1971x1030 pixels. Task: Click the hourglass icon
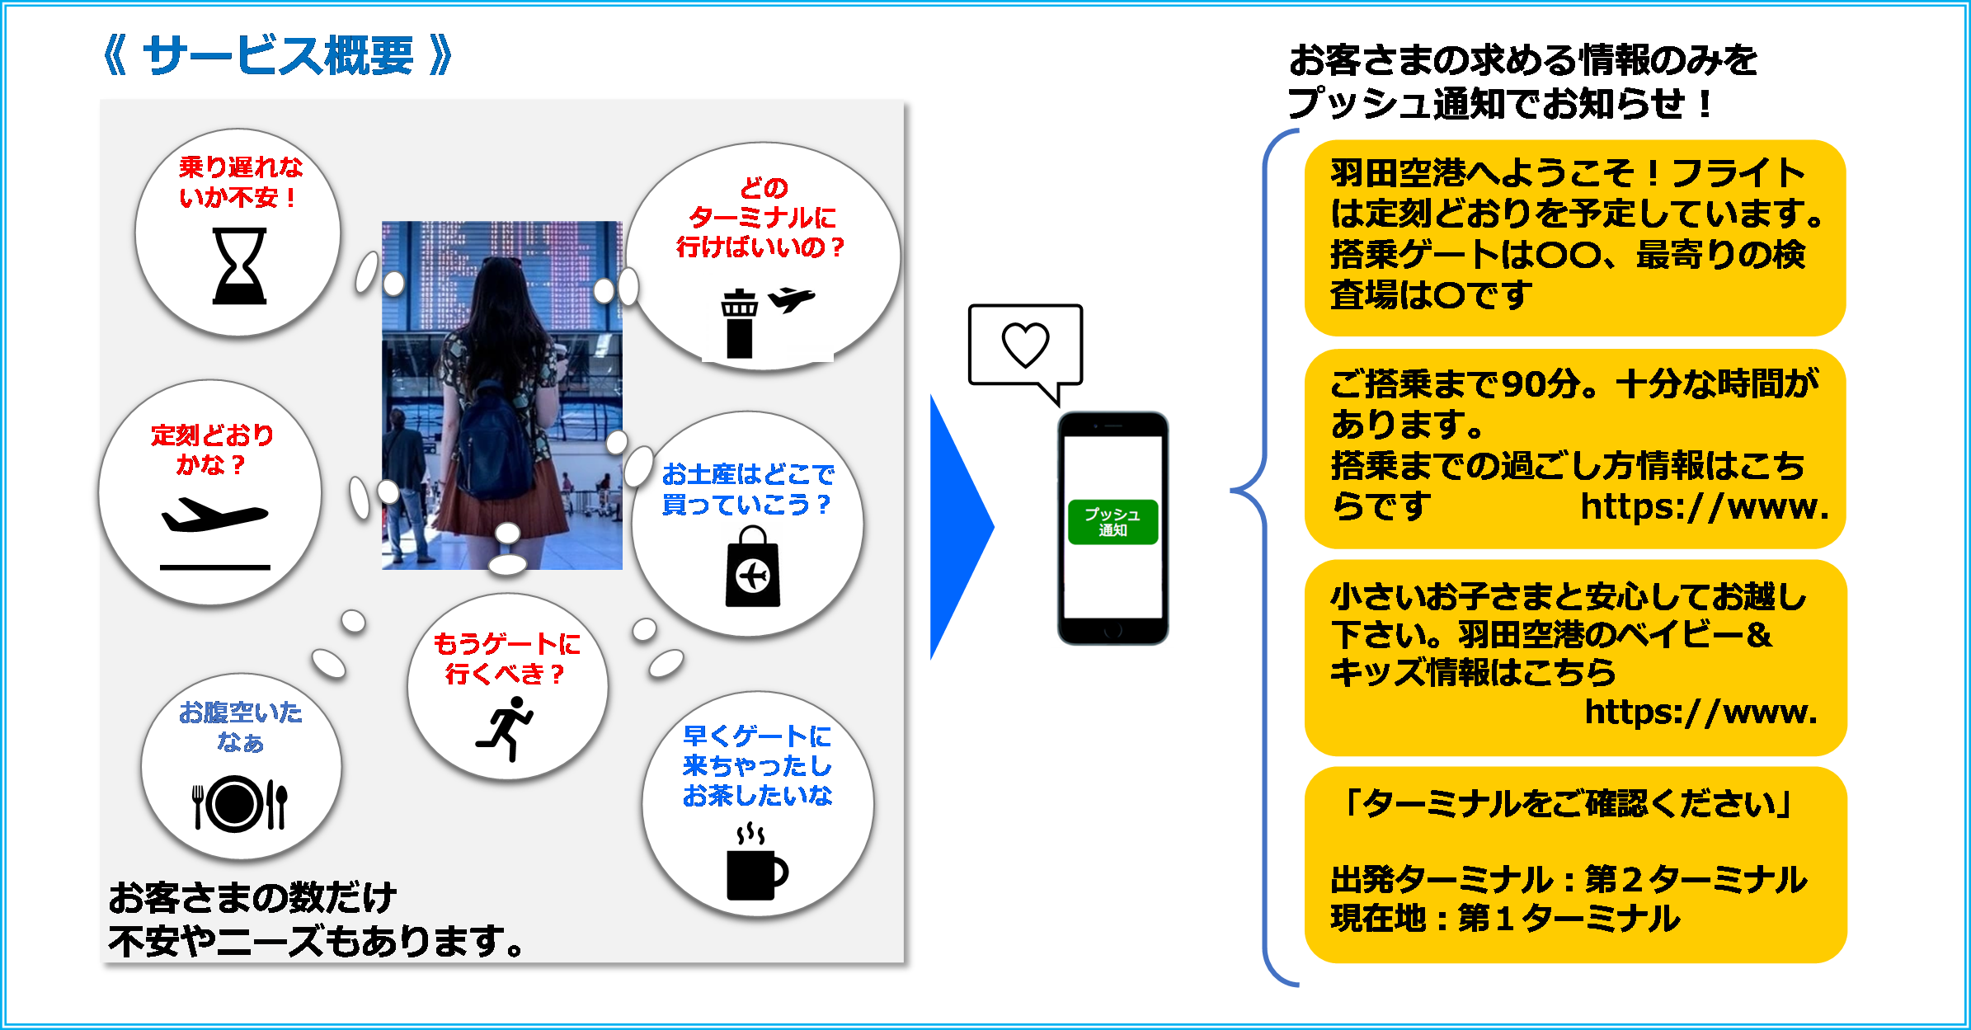239,266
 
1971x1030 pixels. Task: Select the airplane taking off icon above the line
214,515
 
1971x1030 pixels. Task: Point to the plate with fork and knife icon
238,803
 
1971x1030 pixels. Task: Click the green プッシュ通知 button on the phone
1113,522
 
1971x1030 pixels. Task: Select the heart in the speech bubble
1025,344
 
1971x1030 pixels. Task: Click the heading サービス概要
278,56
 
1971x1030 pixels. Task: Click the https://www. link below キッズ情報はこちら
1701,712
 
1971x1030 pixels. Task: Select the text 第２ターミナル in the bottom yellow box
1696,879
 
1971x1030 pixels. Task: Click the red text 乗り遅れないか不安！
240,182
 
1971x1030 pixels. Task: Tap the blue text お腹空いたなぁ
240,727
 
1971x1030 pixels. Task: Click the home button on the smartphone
1113,631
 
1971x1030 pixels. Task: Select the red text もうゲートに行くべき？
506,658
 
